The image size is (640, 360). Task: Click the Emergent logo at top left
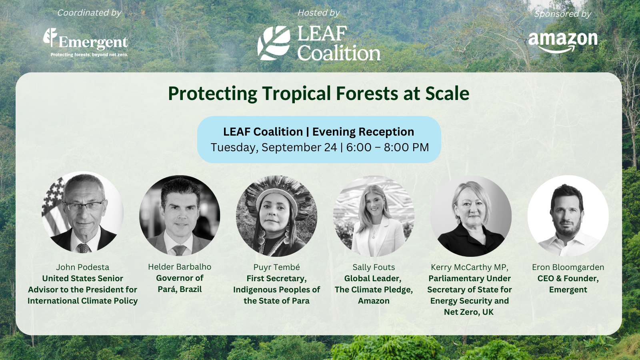pyautogui.click(x=86, y=40)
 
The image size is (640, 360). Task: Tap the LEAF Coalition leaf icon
pyautogui.click(x=274, y=43)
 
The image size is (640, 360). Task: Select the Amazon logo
pyautogui.click(x=563, y=42)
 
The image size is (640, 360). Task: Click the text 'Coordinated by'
pyautogui.click(x=89, y=13)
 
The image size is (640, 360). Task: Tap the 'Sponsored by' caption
pyautogui.click(x=563, y=14)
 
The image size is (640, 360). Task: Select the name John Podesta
pyautogui.click(x=82, y=267)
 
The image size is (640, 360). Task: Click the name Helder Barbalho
pyautogui.click(x=180, y=267)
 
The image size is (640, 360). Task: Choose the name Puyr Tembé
pyautogui.click(x=276, y=267)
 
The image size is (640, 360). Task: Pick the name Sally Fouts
pyautogui.click(x=374, y=267)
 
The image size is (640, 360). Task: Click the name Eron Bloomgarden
pyautogui.click(x=568, y=267)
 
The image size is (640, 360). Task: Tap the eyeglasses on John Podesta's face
pyautogui.click(x=84, y=206)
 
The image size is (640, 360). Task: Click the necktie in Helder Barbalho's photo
pyautogui.click(x=179, y=250)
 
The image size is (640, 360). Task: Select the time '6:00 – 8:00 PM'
pyautogui.click(x=387, y=148)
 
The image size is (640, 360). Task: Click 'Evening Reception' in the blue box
pyautogui.click(x=363, y=132)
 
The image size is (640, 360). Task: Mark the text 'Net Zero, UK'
pyautogui.click(x=469, y=312)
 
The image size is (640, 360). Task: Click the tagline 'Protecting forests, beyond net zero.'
pyautogui.click(x=89, y=55)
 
